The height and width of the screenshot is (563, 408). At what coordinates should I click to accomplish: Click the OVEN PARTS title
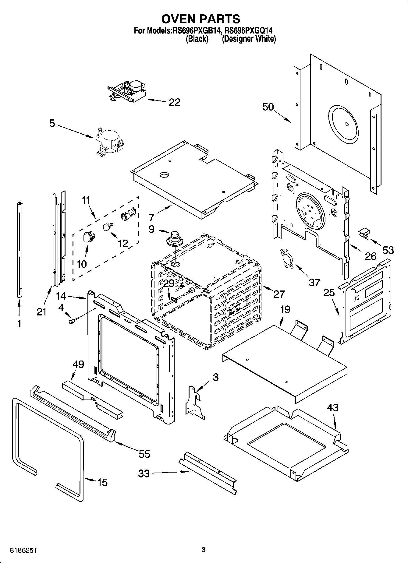(200, 19)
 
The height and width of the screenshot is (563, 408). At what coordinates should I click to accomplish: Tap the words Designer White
(249, 39)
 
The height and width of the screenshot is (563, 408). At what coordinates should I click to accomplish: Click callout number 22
(174, 102)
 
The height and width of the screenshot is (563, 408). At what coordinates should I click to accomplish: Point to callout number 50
(268, 107)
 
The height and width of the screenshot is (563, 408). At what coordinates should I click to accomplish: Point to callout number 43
(333, 407)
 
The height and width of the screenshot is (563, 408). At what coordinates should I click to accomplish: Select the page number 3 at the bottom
(204, 550)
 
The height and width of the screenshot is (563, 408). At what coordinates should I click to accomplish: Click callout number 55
(144, 454)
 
